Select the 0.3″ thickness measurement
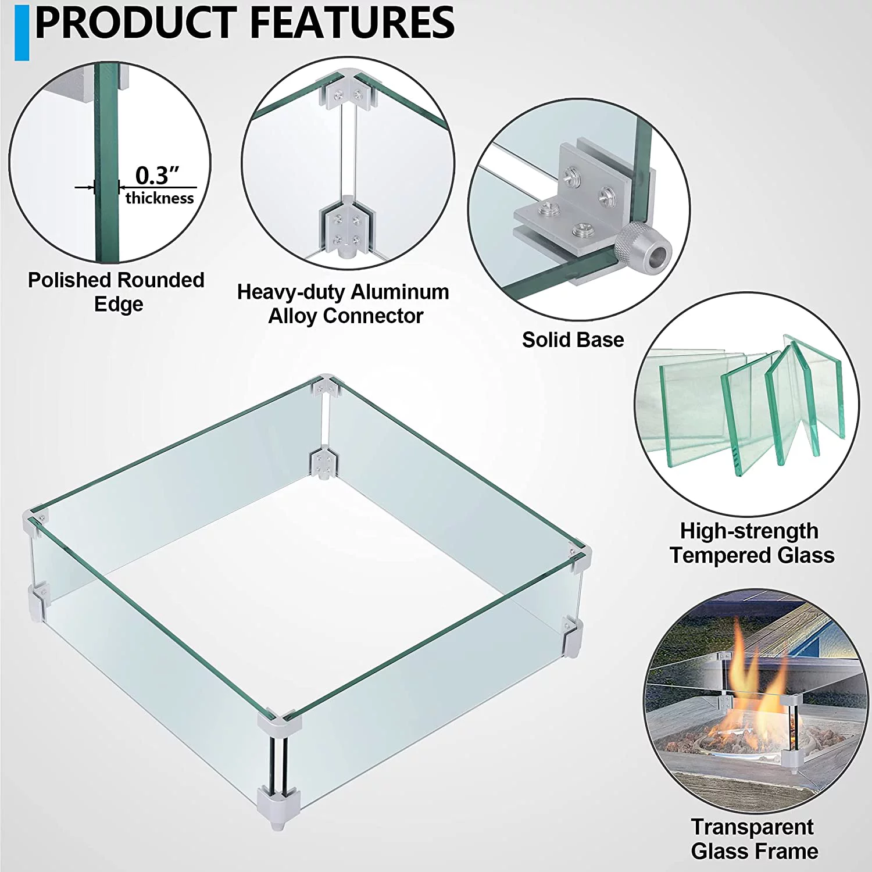coord(157,175)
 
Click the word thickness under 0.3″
coord(159,198)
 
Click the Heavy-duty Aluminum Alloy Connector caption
coord(343,303)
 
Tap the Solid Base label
coord(573,339)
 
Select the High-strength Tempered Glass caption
coord(751,543)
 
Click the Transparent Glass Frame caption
coord(753,838)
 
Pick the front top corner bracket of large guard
coord(281,724)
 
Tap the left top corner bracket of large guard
coord(35,520)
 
